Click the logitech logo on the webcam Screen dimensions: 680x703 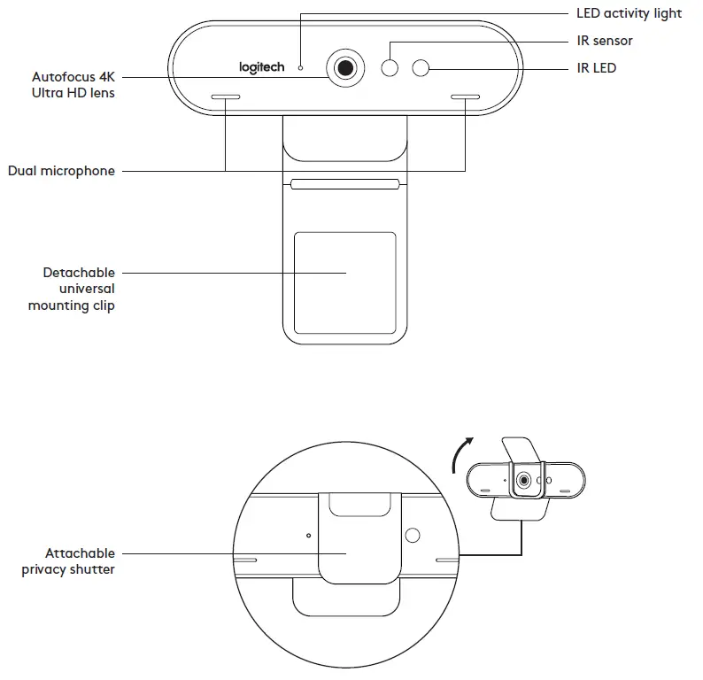coord(261,66)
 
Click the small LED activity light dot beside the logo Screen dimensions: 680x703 coord(300,66)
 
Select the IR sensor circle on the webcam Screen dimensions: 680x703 coord(390,67)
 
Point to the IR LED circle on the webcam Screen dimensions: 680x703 coord(421,67)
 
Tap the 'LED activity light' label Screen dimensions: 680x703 coord(629,13)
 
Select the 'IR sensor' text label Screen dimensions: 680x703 coord(605,41)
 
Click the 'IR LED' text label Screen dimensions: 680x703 coord(596,67)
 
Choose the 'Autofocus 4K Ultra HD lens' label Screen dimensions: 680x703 coord(73,84)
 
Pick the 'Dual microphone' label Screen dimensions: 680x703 coord(61,171)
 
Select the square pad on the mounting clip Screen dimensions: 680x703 coord(344,274)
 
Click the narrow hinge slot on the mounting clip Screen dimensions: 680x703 coord(344,186)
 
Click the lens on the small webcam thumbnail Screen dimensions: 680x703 coord(524,480)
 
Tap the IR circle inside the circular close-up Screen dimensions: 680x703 coord(412,536)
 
